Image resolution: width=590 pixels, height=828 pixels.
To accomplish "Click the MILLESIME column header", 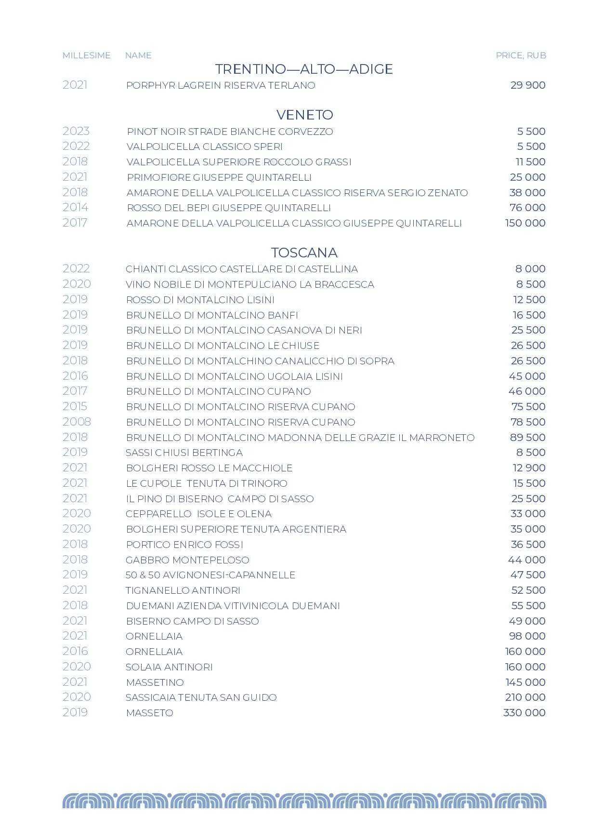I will (x=86, y=55).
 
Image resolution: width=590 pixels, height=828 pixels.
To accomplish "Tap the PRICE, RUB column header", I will (x=521, y=55).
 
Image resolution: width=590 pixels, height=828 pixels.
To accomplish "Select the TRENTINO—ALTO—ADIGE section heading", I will (x=304, y=69).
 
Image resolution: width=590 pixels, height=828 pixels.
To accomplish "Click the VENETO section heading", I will (x=304, y=115).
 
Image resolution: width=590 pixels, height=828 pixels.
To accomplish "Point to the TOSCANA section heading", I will (x=304, y=253).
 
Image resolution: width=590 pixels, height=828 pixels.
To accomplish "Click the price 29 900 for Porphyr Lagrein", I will (x=527, y=85).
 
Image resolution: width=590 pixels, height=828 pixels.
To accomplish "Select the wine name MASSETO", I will (x=149, y=713).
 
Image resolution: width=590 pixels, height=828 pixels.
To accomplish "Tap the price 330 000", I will (x=524, y=713).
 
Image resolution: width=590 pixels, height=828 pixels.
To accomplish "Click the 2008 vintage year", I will (x=77, y=422).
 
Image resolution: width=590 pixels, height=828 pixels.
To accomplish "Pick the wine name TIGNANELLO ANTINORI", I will (x=183, y=590).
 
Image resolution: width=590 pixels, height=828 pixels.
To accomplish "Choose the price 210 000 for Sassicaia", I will (x=525, y=697).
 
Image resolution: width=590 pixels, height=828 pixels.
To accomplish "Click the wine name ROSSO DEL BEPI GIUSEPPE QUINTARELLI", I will (x=229, y=208).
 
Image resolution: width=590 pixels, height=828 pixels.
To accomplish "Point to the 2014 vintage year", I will (x=75, y=207).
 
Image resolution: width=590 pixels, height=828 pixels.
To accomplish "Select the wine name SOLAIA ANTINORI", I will (x=169, y=667).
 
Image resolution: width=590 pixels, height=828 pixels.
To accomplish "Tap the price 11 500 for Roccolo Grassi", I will (x=530, y=162).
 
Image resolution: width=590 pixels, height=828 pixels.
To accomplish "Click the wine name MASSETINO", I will (x=155, y=682).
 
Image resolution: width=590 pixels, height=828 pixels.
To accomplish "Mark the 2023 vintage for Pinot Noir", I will (x=76, y=131).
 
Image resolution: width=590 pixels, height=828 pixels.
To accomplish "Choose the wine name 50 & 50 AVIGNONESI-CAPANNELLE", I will (x=210, y=575).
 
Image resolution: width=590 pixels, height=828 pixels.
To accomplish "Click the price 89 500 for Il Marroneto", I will (x=527, y=437).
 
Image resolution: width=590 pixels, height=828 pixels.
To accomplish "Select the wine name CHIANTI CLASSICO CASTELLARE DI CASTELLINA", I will (x=242, y=269).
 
